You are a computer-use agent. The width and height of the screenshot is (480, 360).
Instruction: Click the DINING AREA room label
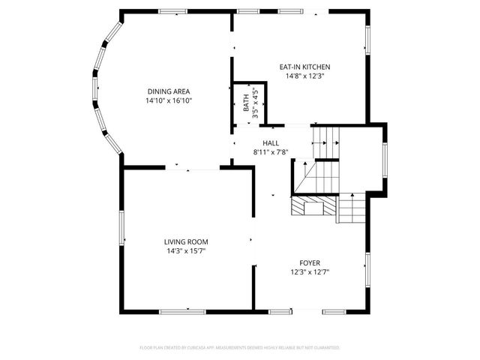click(x=169, y=91)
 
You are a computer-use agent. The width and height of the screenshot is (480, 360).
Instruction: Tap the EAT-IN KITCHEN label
click(x=304, y=67)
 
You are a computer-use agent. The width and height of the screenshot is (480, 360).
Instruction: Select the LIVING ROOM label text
click(x=187, y=241)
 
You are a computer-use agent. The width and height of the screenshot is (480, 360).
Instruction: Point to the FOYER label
click(x=310, y=262)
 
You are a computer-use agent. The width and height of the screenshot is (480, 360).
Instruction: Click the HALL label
click(x=271, y=142)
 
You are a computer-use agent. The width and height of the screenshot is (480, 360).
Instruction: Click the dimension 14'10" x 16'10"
click(x=169, y=100)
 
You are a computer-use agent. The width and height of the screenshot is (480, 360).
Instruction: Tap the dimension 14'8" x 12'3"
click(x=304, y=76)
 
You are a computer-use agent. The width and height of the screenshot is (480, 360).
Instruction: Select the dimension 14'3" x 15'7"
click(x=187, y=250)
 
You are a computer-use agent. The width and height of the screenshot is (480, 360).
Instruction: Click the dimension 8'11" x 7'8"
click(x=271, y=151)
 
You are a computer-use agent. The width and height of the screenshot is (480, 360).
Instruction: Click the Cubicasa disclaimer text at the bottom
click(x=240, y=348)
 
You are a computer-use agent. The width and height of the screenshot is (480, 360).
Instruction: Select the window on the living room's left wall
click(x=121, y=228)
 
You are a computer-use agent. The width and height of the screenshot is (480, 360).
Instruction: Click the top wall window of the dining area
click(x=172, y=10)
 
